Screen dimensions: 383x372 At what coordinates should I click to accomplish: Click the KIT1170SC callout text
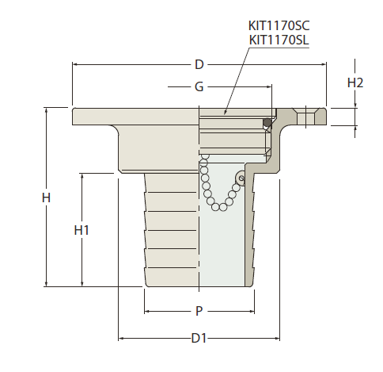pyautogui.click(x=279, y=25)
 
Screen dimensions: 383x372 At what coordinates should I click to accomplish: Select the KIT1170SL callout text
pyautogui.click(x=279, y=40)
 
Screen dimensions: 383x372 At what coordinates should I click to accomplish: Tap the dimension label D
pyautogui.click(x=199, y=64)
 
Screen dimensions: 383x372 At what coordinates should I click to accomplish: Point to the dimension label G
pyautogui.click(x=199, y=86)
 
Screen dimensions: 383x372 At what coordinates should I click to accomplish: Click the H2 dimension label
pyautogui.click(x=355, y=83)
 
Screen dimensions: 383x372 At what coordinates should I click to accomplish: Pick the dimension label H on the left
pyautogui.click(x=46, y=198)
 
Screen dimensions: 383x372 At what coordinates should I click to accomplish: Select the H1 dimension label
pyautogui.click(x=82, y=230)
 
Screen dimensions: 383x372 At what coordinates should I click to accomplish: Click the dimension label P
pyautogui.click(x=199, y=311)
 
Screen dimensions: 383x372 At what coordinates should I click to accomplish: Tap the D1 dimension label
pyautogui.click(x=199, y=338)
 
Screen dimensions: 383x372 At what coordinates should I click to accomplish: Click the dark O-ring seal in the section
pyautogui.click(x=267, y=123)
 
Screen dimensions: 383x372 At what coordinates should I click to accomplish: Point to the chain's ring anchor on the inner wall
pyautogui.click(x=241, y=178)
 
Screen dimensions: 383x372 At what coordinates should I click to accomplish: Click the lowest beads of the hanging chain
pyautogui.click(x=219, y=207)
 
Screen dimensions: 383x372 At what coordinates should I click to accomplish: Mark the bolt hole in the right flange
pyautogui.click(x=305, y=117)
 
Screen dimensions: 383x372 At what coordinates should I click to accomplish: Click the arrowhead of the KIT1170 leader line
pyautogui.click(x=225, y=112)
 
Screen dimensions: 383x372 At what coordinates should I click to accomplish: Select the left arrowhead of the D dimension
pyautogui.click(x=75, y=64)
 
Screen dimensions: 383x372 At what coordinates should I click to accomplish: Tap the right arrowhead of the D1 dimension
pyautogui.click(x=277, y=338)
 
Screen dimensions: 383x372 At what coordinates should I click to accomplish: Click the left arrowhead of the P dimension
pyautogui.click(x=147, y=311)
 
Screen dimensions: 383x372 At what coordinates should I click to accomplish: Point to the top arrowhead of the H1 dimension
pyautogui.click(x=82, y=176)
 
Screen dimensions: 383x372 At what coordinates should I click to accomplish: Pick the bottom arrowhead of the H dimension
pyautogui.click(x=47, y=284)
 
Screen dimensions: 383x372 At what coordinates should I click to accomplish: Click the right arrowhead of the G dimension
pyautogui.click(x=269, y=86)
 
